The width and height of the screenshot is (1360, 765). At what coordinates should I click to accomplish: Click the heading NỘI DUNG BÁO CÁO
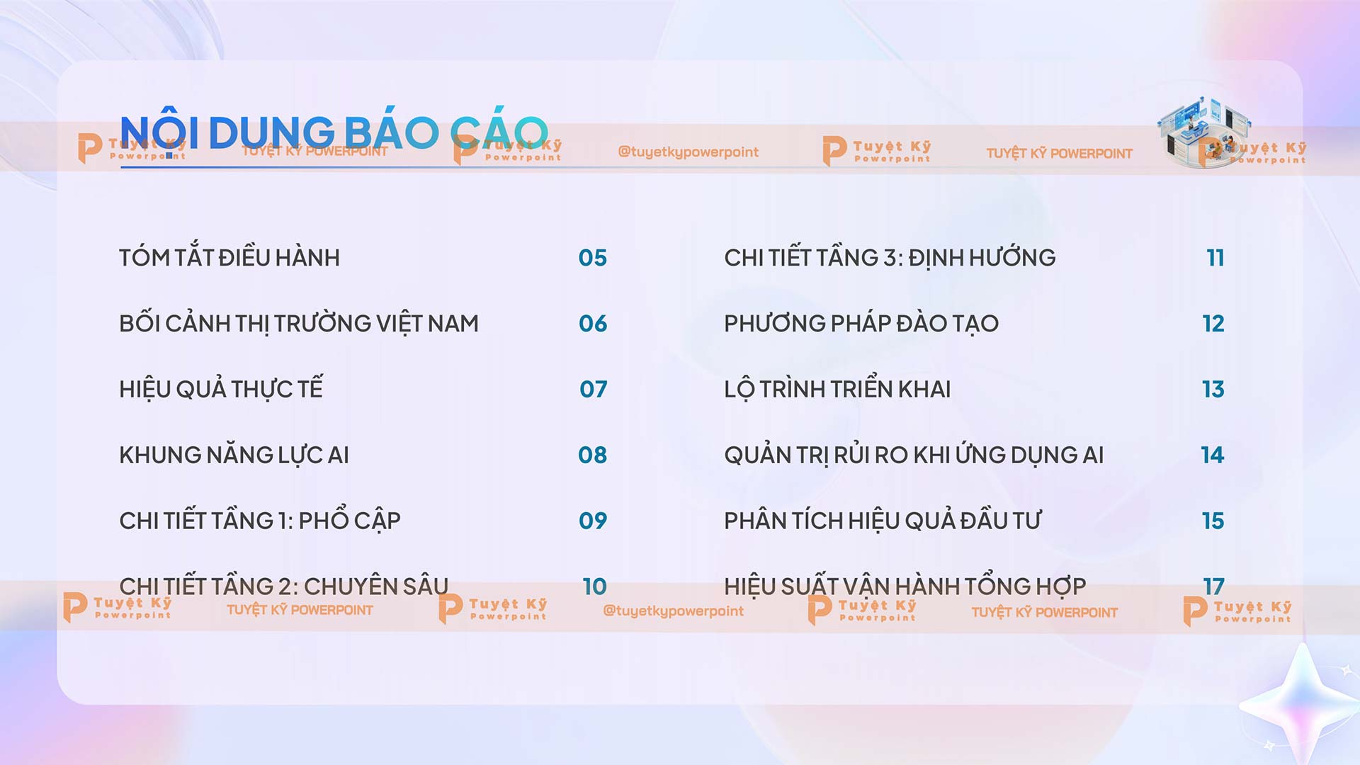(334, 132)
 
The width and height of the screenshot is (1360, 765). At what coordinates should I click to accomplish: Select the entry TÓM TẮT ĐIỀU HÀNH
(229, 258)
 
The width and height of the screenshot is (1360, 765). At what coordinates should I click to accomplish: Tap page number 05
(592, 258)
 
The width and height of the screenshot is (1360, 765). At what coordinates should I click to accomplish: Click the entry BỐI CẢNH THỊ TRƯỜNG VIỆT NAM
(299, 324)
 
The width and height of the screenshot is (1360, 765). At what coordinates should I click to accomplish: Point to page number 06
(592, 324)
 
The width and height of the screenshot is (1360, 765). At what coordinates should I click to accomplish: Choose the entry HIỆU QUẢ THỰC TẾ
(221, 390)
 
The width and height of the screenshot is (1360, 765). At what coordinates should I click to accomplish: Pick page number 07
(593, 390)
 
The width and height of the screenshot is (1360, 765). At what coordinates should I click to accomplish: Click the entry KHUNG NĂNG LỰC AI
(234, 455)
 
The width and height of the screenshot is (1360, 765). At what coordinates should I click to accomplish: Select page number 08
(592, 455)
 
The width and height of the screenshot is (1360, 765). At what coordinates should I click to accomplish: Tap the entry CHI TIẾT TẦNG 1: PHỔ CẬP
(260, 521)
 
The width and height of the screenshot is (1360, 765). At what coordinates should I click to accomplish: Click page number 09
(592, 521)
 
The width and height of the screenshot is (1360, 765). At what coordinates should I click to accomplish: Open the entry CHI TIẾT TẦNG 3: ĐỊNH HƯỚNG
(890, 258)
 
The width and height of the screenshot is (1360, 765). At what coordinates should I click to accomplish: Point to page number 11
(1215, 258)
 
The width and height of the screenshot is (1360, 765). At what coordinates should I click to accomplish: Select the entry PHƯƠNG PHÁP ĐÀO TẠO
(861, 324)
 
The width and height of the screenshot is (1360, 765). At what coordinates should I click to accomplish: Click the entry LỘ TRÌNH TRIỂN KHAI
(837, 390)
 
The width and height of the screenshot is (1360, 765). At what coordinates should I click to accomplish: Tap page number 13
(1213, 390)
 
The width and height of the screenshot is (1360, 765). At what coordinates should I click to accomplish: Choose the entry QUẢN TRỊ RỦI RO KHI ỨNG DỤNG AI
(914, 455)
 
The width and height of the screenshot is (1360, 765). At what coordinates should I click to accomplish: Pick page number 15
(1213, 521)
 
